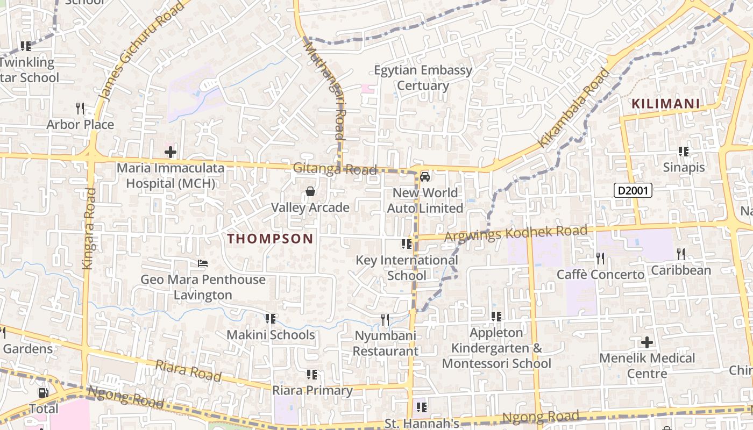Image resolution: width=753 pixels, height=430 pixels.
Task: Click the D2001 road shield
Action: pyautogui.click(x=633, y=190)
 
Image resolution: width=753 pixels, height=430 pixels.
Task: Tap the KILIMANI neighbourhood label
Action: pyautogui.click(x=665, y=104)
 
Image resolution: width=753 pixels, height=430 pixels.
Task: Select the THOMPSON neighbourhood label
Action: pyautogui.click(x=270, y=239)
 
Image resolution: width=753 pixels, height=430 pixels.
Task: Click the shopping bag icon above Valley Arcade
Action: pyautogui.click(x=310, y=191)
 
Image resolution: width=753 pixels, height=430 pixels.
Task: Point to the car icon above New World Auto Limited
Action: pyautogui.click(x=425, y=176)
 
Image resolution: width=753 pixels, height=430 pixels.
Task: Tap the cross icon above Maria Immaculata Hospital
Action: pyautogui.click(x=171, y=152)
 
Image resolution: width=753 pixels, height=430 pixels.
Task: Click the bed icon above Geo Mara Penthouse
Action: pyautogui.click(x=203, y=263)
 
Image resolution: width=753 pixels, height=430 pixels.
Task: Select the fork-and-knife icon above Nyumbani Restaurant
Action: pyautogui.click(x=385, y=320)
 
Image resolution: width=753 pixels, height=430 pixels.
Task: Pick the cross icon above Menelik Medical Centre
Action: pyautogui.click(x=647, y=342)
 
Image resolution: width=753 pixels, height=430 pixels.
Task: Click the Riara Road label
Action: pyautogui.click(x=188, y=371)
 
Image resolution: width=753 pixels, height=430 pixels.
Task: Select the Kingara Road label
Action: pyautogui.click(x=89, y=228)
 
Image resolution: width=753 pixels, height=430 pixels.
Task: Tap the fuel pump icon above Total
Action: pyautogui.click(x=44, y=393)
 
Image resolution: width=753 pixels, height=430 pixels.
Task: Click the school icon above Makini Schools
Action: pyautogui.click(x=271, y=319)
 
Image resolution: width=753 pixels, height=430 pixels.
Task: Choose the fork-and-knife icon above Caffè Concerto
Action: pyautogui.click(x=600, y=259)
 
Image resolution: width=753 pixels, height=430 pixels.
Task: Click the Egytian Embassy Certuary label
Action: pyautogui.click(x=423, y=78)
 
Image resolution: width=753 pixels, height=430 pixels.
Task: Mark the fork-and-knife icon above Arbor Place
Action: pyautogui.click(x=80, y=109)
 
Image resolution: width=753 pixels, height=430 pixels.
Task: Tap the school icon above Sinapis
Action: pyautogui.click(x=684, y=152)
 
